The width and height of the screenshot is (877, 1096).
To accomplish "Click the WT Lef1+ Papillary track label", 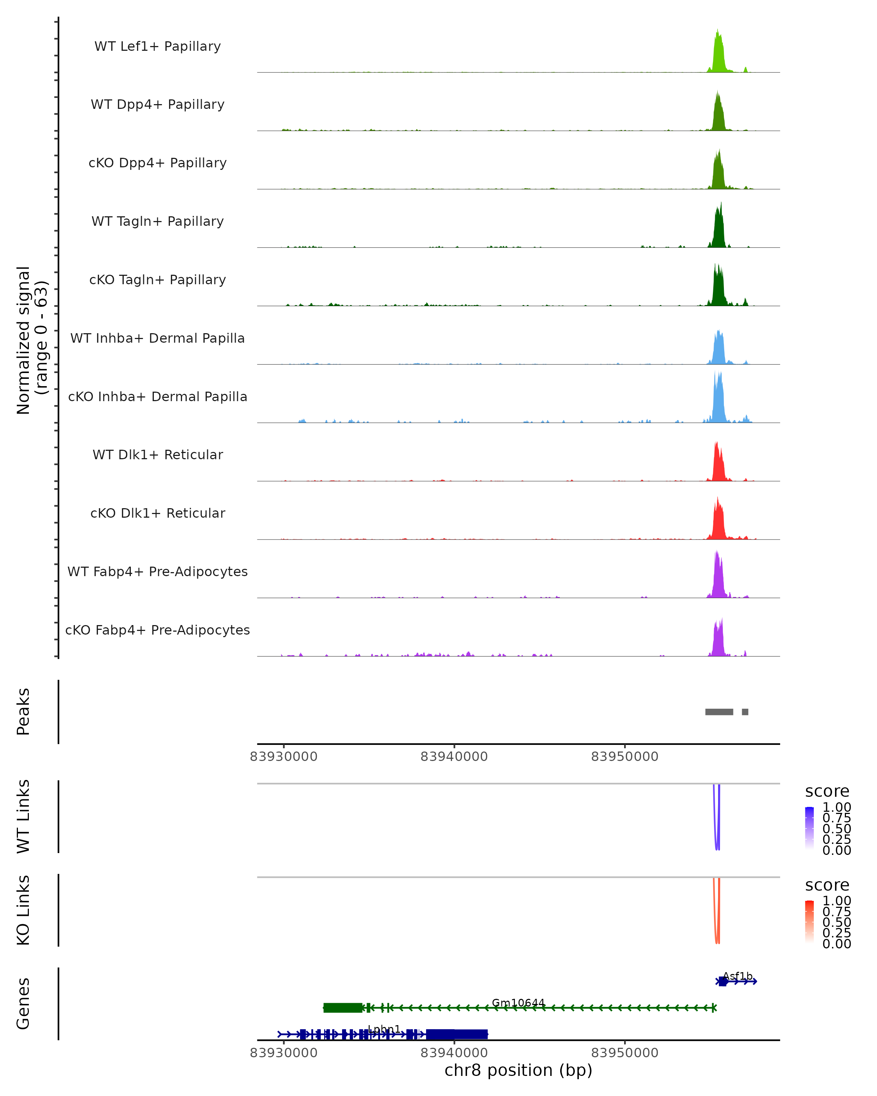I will (157, 46).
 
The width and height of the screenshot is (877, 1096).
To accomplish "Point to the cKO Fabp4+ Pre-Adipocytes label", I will (157, 630).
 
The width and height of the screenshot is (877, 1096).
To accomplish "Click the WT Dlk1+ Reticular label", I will (157, 454).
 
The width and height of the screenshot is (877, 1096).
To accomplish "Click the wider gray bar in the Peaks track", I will (719, 712).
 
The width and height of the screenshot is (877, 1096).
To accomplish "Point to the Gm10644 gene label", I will (518, 1003).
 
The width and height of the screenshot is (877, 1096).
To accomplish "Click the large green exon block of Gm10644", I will (343, 1008).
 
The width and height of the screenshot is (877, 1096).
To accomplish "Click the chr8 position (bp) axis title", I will (518, 1070).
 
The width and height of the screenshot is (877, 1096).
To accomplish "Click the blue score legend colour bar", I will (809, 828).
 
